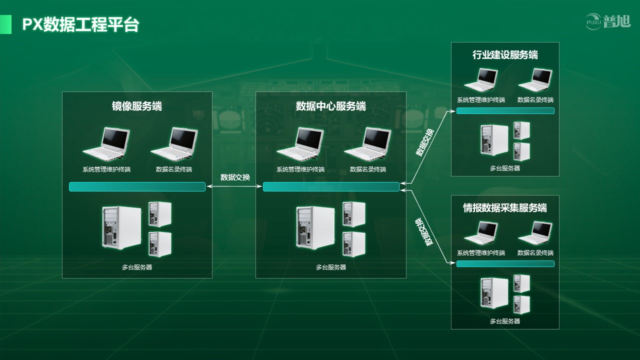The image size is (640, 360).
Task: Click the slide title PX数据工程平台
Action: (80, 24)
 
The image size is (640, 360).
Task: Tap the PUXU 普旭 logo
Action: (608, 21)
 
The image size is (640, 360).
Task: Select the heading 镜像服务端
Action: (136, 106)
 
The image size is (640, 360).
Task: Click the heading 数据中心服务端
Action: (330, 106)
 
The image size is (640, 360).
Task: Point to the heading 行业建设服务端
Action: (505, 55)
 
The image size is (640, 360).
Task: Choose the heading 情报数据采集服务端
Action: (505, 208)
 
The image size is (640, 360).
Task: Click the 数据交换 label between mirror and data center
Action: (235, 177)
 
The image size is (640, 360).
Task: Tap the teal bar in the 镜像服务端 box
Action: (137, 187)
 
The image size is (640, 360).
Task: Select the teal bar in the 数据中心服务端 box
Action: (331, 187)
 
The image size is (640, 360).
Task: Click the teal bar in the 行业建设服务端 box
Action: (505, 110)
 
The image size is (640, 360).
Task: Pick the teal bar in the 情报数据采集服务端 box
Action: (505, 263)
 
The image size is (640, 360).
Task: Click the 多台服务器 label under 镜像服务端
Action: (137, 267)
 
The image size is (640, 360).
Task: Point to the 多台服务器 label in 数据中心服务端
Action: (331, 267)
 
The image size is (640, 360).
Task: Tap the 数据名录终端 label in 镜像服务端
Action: (173, 169)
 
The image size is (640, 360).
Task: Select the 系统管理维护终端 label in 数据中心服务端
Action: (300, 169)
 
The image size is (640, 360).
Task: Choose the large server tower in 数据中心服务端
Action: (315, 227)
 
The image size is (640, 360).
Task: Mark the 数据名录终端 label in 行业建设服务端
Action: (535, 100)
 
